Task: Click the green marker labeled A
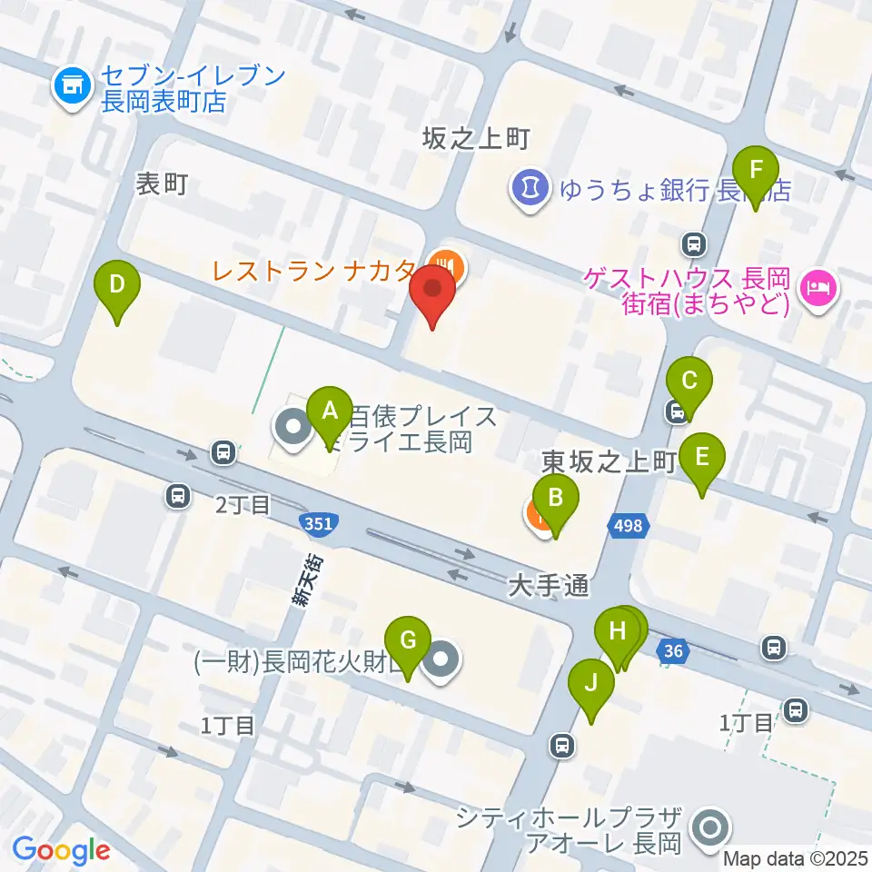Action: (330, 412)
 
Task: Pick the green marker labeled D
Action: (117, 286)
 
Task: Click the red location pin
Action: (432, 293)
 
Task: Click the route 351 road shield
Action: (318, 523)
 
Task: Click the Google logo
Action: (61, 850)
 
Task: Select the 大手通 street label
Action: (550, 588)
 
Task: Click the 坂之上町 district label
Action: (475, 138)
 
